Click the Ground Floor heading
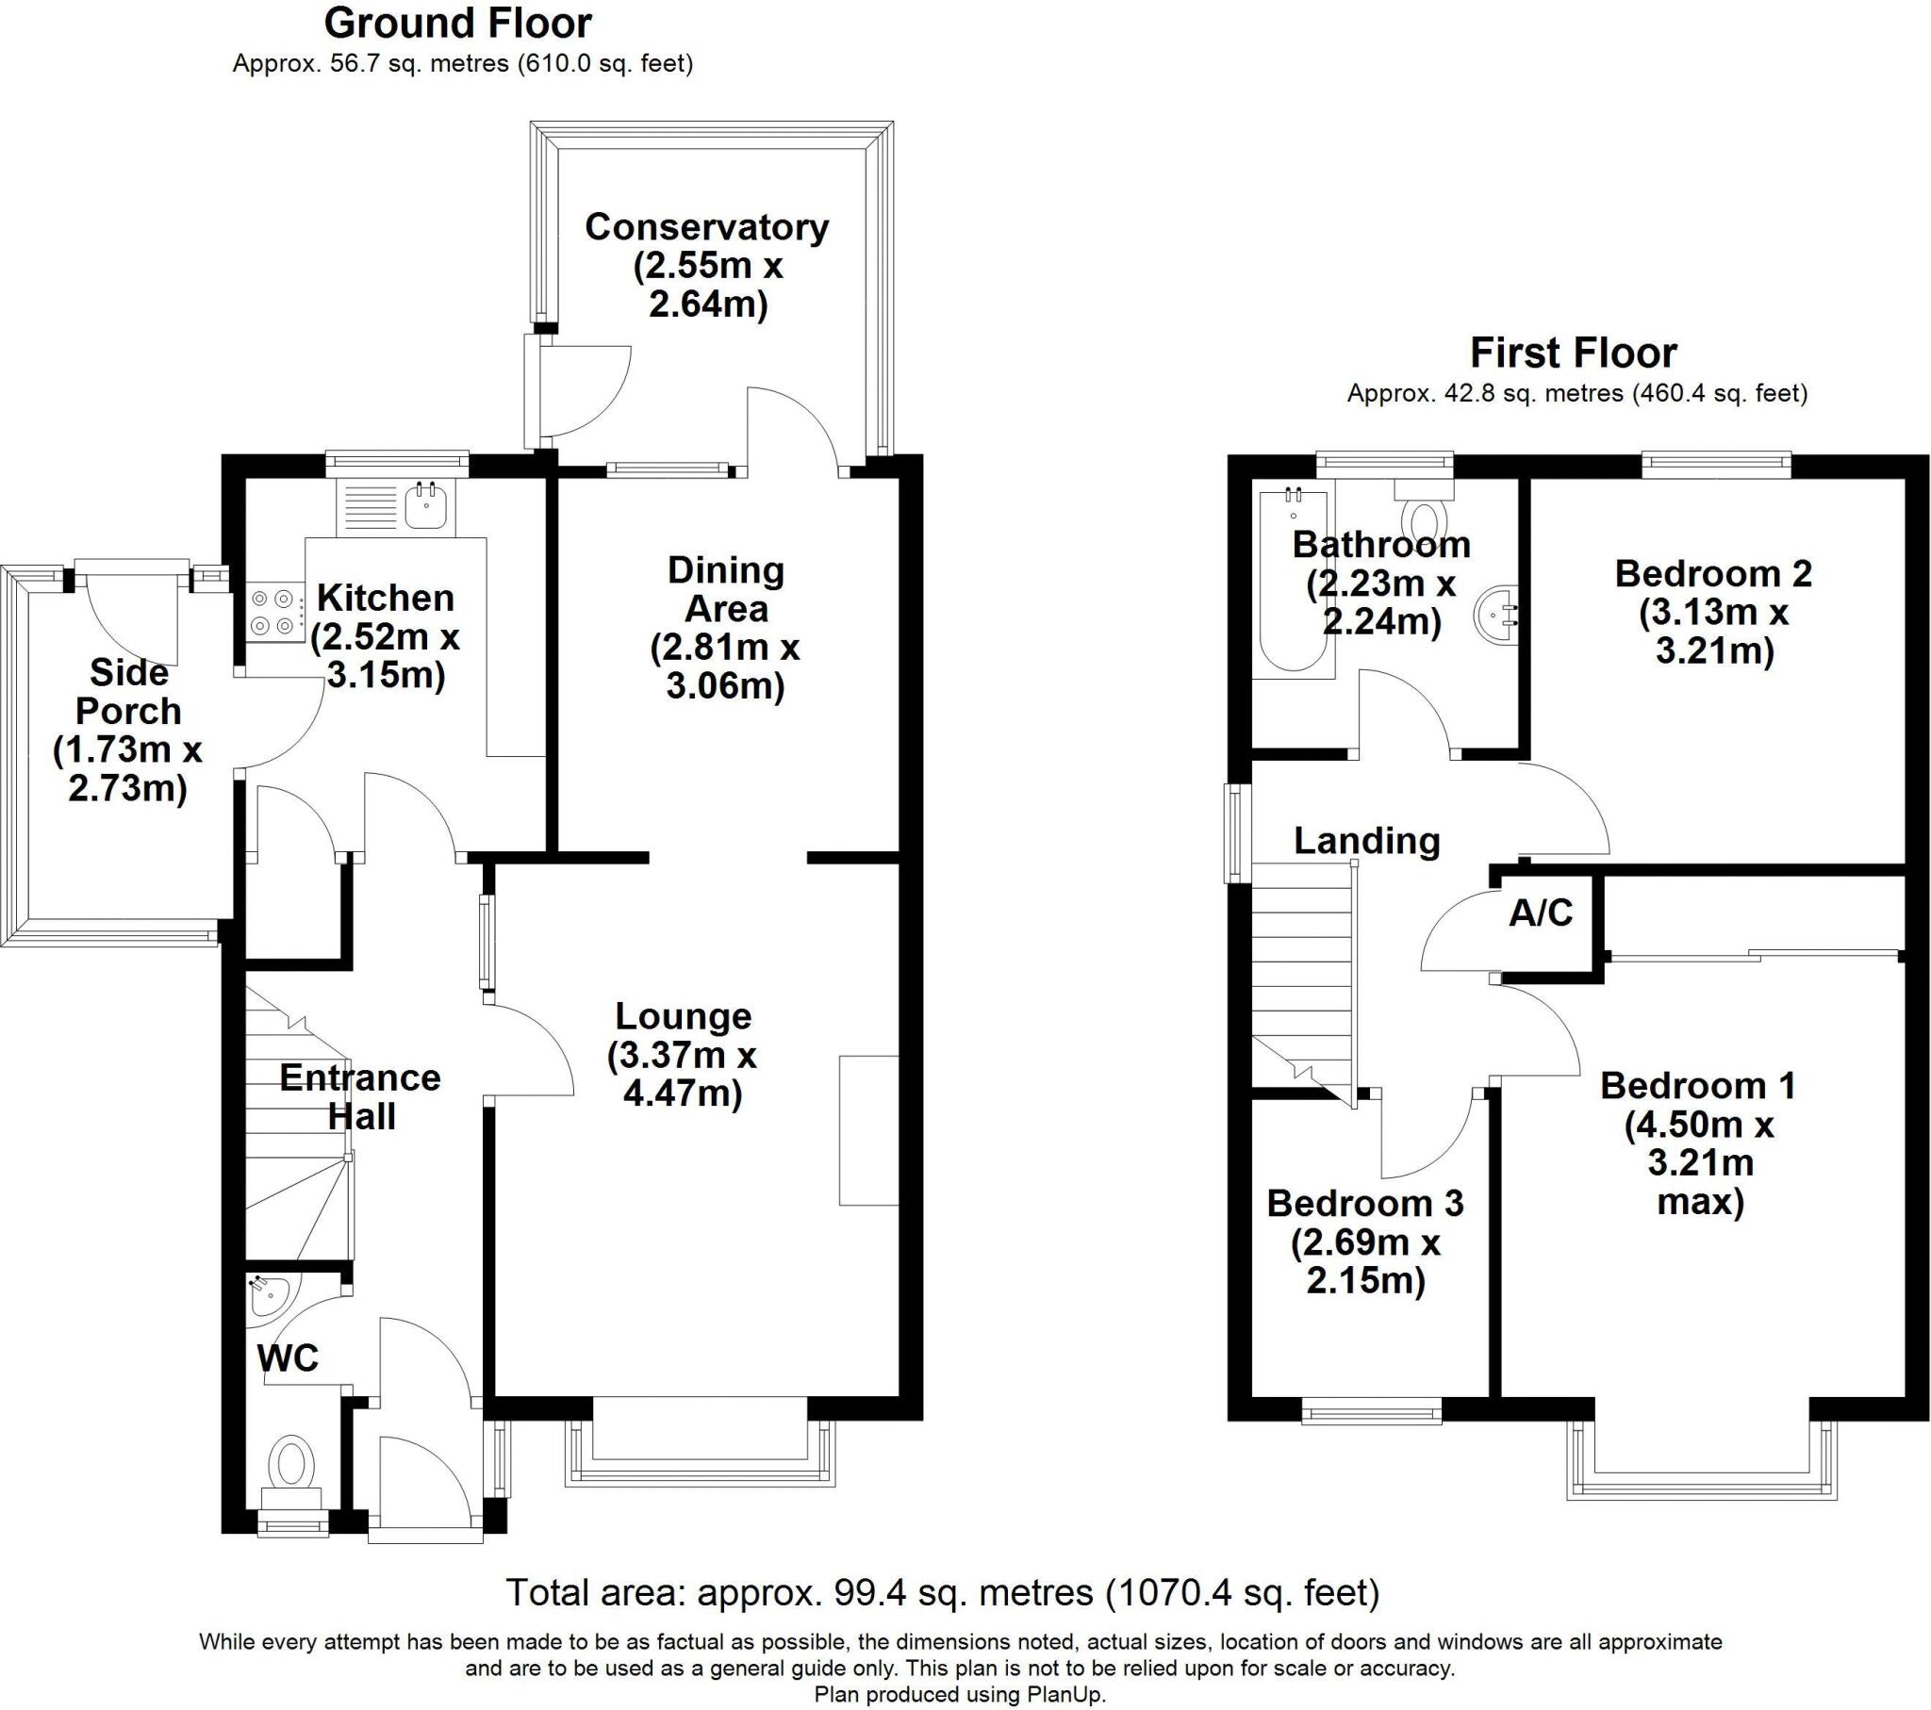click(457, 23)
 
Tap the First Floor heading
click(1573, 353)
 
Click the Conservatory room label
click(706, 227)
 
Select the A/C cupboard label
click(1541, 913)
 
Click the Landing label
click(1366, 840)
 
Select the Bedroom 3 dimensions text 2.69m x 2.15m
click(1365, 1262)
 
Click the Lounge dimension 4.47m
click(682, 1093)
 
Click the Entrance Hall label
click(360, 1097)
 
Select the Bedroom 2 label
click(1713, 573)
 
